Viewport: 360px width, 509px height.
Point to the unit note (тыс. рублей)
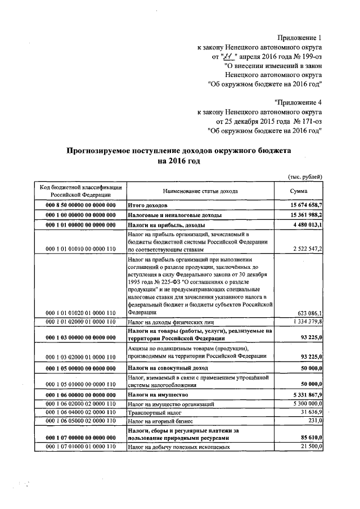pyautogui.click(x=305, y=176)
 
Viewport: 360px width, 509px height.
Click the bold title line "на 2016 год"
pyautogui.click(x=179, y=161)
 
